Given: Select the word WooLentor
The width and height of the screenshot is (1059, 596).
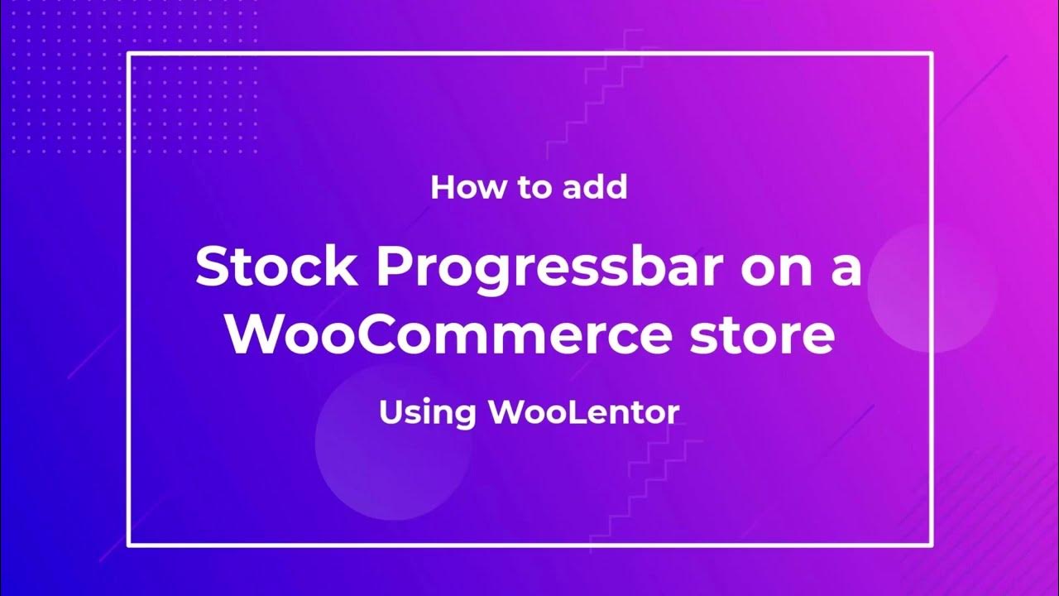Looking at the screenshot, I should click(583, 411).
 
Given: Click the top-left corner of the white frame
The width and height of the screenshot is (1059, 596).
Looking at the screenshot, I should click(129, 54).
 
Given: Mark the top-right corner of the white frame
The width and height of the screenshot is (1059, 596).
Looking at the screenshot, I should click(932, 54).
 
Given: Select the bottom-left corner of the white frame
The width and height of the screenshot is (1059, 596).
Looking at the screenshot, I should click(129, 544).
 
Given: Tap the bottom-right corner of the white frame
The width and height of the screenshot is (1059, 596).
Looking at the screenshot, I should click(932, 544).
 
